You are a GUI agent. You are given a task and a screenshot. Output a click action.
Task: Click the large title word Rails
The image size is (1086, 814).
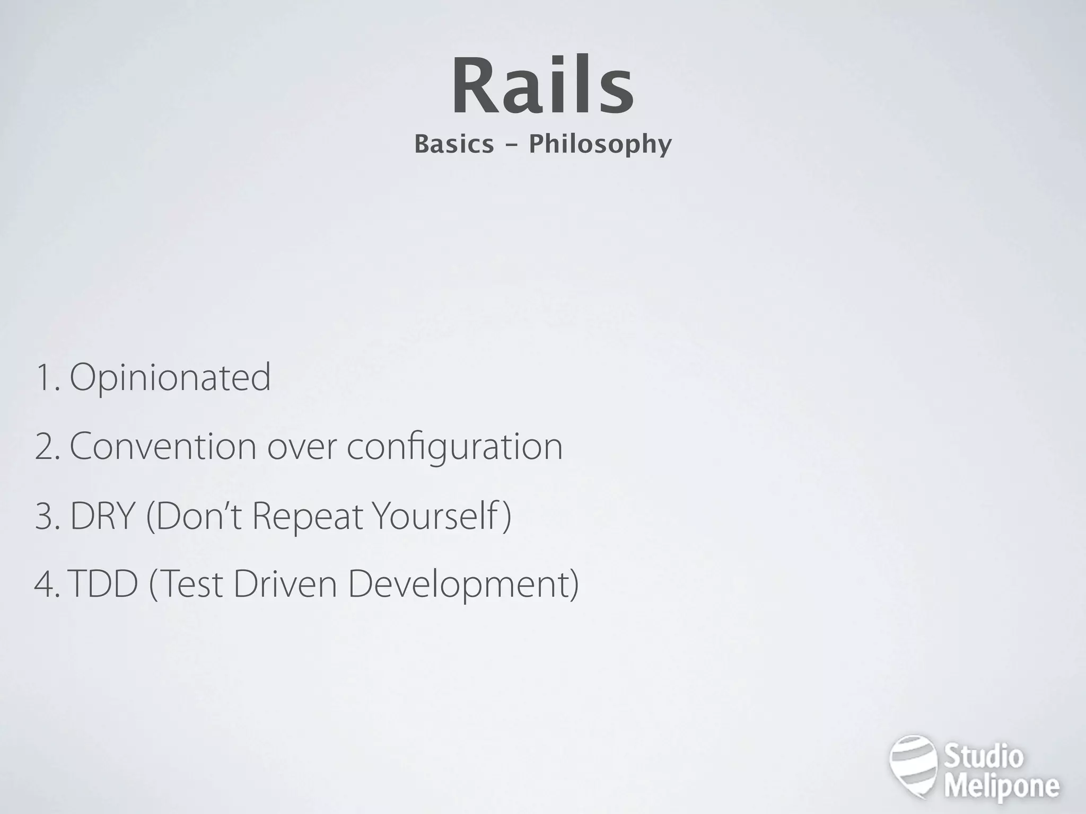coord(542,86)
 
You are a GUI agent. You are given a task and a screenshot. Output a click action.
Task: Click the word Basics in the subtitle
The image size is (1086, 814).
coord(453,144)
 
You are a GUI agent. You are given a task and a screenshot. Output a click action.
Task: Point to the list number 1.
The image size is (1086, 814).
coord(46,377)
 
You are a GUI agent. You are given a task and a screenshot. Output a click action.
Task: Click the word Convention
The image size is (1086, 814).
coord(163,446)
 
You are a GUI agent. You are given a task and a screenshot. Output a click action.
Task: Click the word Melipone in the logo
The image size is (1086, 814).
coord(1002,786)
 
